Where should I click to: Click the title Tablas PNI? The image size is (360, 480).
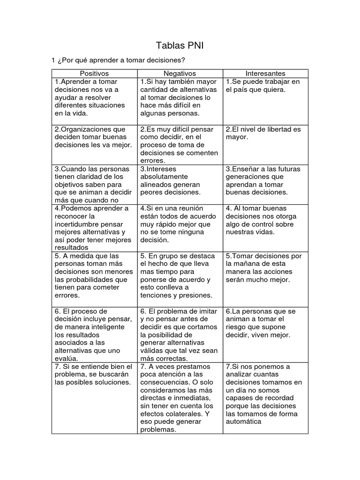[x=180, y=46]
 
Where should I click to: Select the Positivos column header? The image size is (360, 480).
[x=94, y=74]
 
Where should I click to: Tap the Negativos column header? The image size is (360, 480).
[x=180, y=74]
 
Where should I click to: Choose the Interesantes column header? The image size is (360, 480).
[x=265, y=74]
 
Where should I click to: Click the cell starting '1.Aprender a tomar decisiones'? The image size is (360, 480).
[x=94, y=97]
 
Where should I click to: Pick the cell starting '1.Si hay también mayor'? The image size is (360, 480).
[x=180, y=97]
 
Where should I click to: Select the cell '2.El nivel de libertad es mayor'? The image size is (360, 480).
[x=265, y=133]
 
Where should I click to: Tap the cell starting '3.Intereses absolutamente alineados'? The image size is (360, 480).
[x=180, y=180]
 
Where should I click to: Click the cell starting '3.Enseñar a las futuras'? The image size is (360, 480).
[x=265, y=180]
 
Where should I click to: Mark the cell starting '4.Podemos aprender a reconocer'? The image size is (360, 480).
[x=94, y=228]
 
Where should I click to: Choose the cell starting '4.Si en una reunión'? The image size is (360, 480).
[x=180, y=224]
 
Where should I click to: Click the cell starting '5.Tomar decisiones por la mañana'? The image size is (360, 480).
[x=265, y=268]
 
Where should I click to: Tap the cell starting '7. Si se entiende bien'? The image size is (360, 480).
[x=94, y=374]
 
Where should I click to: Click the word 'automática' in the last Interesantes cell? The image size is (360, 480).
[x=243, y=421]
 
